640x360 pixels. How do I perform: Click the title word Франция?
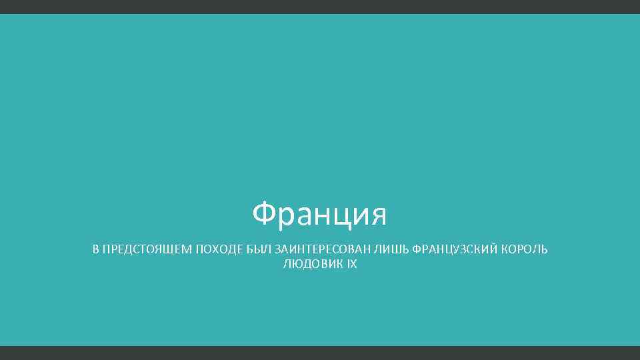pyautogui.click(x=320, y=215)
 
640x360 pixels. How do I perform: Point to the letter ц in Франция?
pyautogui.click(x=337, y=217)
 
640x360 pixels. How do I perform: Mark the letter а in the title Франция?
pyautogui.click(x=301, y=216)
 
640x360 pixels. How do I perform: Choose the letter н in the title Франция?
pyautogui.click(x=319, y=216)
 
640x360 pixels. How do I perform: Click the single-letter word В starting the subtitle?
pyautogui.click(x=95, y=250)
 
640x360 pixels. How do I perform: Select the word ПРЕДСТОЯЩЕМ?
pyautogui.click(x=145, y=250)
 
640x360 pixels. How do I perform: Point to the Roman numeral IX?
pyautogui.click(x=352, y=265)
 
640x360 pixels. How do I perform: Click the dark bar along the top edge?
pyautogui.click(x=320, y=7)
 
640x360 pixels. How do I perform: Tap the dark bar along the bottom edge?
pyautogui.click(x=320, y=353)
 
